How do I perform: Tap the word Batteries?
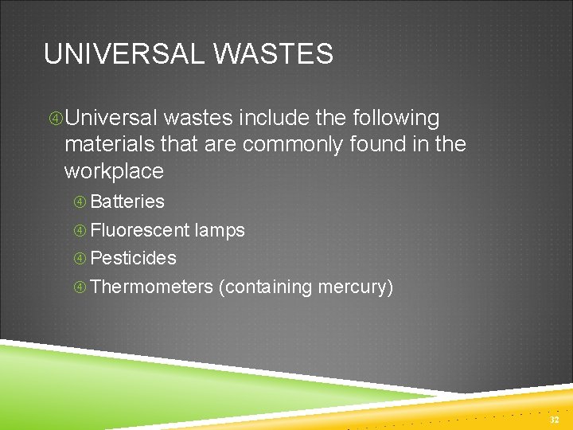(x=127, y=201)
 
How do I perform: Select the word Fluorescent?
(x=140, y=231)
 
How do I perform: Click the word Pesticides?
(x=134, y=258)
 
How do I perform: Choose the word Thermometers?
(x=152, y=287)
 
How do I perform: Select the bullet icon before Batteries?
(x=80, y=202)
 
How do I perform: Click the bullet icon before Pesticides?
(x=80, y=259)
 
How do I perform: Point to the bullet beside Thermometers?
(x=80, y=287)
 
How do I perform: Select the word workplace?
(x=114, y=171)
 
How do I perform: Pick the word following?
(x=392, y=119)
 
